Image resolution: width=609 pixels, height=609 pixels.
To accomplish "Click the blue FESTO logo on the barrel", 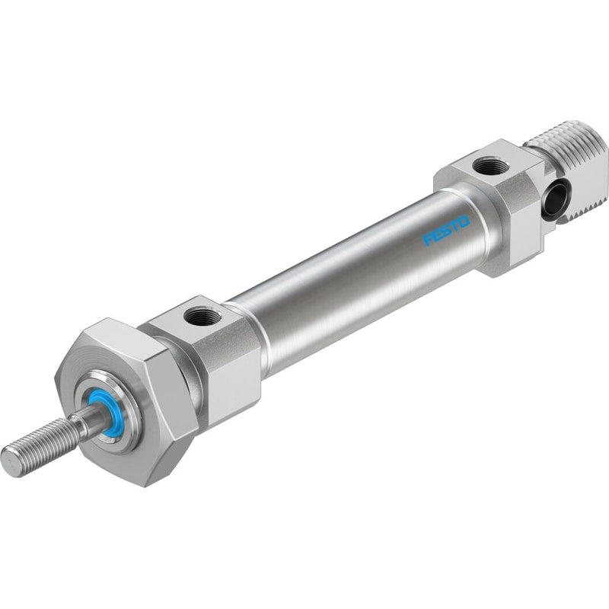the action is click(447, 231).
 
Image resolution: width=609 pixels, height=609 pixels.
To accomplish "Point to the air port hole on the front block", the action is click(202, 314).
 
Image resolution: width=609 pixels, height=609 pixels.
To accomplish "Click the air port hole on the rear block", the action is click(490, 167).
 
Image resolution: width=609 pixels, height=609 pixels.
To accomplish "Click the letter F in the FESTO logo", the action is click(428, 239).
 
